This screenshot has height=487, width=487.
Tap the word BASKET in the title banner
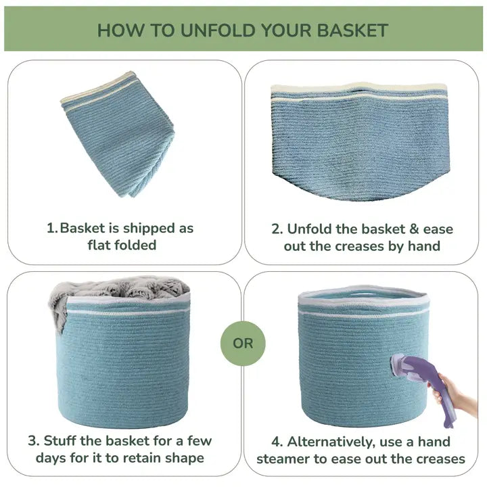pyautogui.click(x=353, y=30)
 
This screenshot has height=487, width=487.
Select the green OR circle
pyautogui.click(x=243, y=343)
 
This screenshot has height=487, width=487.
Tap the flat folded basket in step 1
pyautogui.click(x=118, y=134)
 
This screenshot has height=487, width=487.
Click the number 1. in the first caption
pyautogui.click(x=52, y=229)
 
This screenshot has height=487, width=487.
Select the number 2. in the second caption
pyautogui.click(x=277, y=229)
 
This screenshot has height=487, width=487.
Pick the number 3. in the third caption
pyautogui.click(x=34, y=441)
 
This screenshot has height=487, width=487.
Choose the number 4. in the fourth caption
pyautogui.click(x=277, y=442)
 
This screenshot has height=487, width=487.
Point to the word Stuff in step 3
pyautogui.click(x=60, y=441)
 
